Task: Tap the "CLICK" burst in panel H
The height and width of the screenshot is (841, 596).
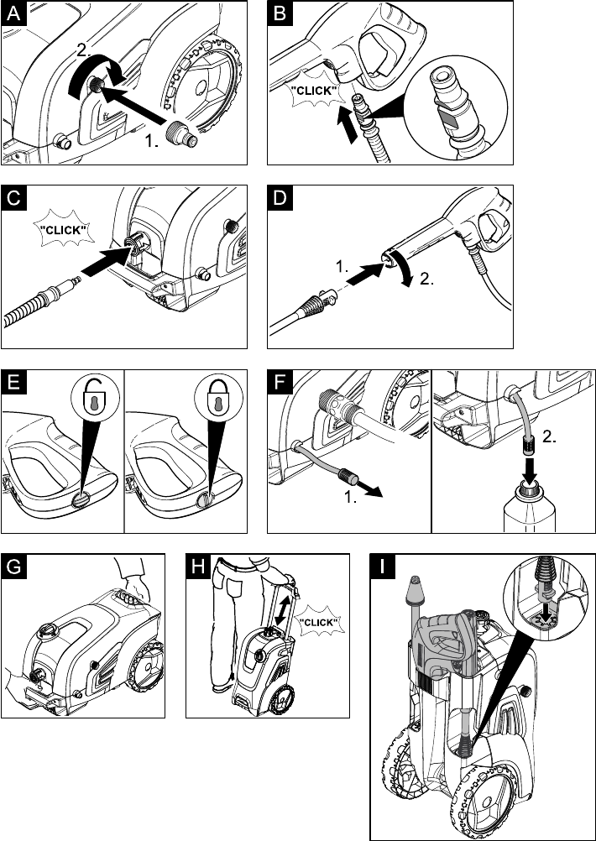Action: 317,622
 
